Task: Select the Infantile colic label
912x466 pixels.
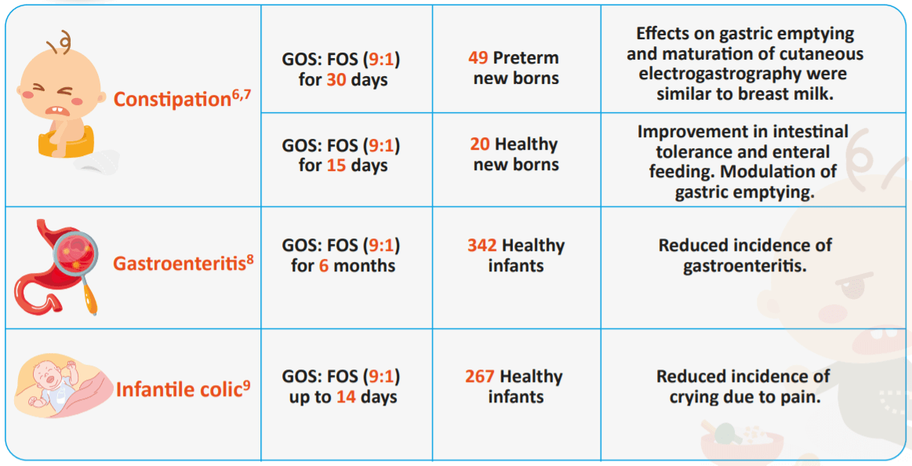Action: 178,389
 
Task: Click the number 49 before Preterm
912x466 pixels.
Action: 478,58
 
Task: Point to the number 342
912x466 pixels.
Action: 481,246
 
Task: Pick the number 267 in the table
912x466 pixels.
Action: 479,377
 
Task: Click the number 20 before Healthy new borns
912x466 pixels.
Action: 480,144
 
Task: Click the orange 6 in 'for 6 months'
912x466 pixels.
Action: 323,266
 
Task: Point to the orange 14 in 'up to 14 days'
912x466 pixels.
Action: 346,397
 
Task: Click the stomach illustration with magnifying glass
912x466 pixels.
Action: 55,267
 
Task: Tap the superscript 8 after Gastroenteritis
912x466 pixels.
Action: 250,257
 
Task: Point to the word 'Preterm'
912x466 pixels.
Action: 525,58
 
